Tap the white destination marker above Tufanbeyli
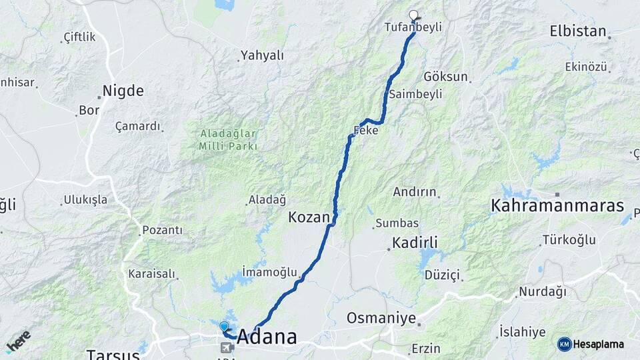[x=413, y=15]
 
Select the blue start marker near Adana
[x=224, y=326]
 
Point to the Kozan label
[x=309, y=217]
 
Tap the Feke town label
[x=367, y=131]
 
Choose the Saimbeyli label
[x=416, y=94]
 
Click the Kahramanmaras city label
[x=557, y=205]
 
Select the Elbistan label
[x=578, y=31]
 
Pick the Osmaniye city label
[x=381, y=318]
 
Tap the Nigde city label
[x=123, y=91]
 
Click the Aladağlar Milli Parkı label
[x=227, y=139]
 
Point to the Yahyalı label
[x=262, y=55]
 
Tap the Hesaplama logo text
[x=599, y=344]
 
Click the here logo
[x=19, y=341]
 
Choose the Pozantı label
[x=162, y=231]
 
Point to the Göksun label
[x=445, y=77]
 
